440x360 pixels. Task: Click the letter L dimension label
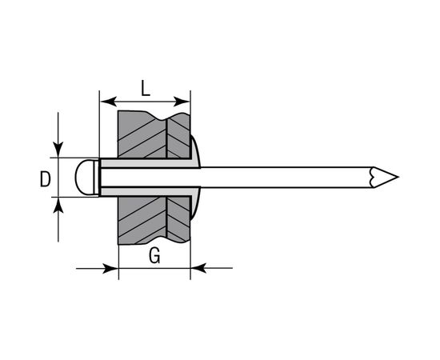coord(146,88)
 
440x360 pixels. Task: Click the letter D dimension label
coord(45,179)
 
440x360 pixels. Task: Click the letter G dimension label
coord(154,256)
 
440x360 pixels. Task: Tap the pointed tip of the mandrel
coord(398,177)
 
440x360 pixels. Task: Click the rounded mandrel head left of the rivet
coord(85,177)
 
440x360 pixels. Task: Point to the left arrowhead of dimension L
coord(108,102)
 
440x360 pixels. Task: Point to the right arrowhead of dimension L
coord(182,102)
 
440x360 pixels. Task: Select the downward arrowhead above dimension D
coord(58,150)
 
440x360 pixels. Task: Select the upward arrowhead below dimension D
coord(58,205)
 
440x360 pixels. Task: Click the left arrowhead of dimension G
coord(110,268)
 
